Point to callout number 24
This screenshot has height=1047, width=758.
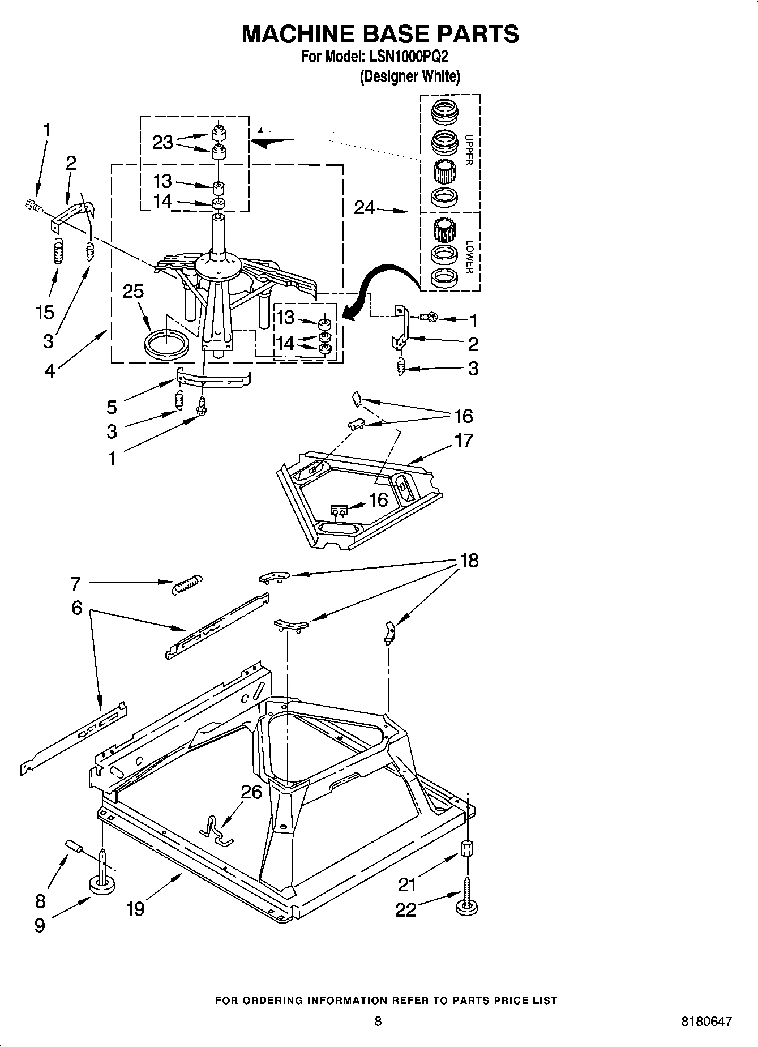[365, 208]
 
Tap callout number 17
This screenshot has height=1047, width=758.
[463, 440]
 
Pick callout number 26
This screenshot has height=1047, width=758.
[251, 792]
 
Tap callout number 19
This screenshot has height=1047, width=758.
[136, 908]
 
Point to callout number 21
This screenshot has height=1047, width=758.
[407, 884]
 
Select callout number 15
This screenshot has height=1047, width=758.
[45, 312]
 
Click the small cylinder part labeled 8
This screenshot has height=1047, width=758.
[75, 846]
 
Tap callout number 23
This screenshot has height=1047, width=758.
[162, 142]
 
